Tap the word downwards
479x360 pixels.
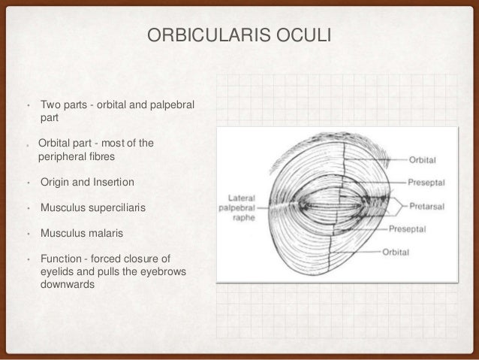65,286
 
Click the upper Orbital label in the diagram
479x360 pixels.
424,159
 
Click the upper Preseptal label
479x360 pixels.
429,181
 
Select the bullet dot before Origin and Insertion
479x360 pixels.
27,183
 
